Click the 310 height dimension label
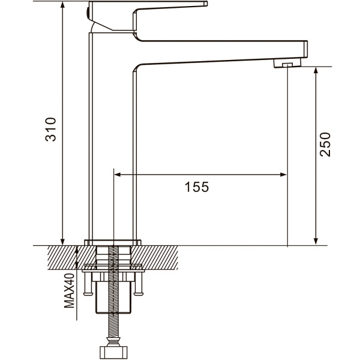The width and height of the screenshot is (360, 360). [50, 129]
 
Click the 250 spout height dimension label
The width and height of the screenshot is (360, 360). [325, 145]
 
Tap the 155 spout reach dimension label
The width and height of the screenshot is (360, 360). [197, 187]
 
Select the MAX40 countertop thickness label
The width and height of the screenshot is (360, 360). [70, 290]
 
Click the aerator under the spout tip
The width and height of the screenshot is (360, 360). [287, 62]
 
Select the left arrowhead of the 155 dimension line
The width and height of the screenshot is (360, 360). [118, 175]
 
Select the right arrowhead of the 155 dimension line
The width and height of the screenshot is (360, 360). [283, 175]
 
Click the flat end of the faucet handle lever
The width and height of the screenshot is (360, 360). [206, 4]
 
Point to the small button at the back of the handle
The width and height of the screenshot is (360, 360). [87, 14]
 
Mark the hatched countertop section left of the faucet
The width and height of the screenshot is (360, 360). [71, 257]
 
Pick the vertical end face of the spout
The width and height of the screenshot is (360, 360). [305, 49]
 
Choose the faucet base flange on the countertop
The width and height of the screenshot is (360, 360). [113, 242]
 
